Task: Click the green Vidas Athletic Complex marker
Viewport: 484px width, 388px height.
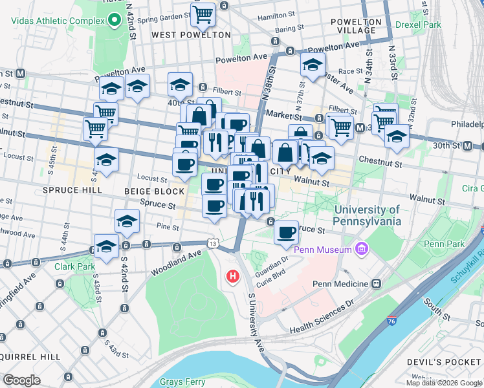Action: (x=115, y=20)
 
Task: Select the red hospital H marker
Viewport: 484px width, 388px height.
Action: (x=232, y=277)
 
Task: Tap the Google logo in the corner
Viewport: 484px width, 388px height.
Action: (x=22, y=380)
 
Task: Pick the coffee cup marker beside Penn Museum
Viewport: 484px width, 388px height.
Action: (x=286, y=232)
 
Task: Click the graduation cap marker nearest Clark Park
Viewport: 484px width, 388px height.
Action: (x=107, y=246)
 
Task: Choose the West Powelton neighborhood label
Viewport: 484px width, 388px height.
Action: (x=191, y=34)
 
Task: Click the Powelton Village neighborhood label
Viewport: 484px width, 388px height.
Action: (x=353, y=26)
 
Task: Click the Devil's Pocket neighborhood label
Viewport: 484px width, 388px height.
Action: (x=445, y=362)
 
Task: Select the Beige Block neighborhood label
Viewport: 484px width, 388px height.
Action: (x=155, y=191)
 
